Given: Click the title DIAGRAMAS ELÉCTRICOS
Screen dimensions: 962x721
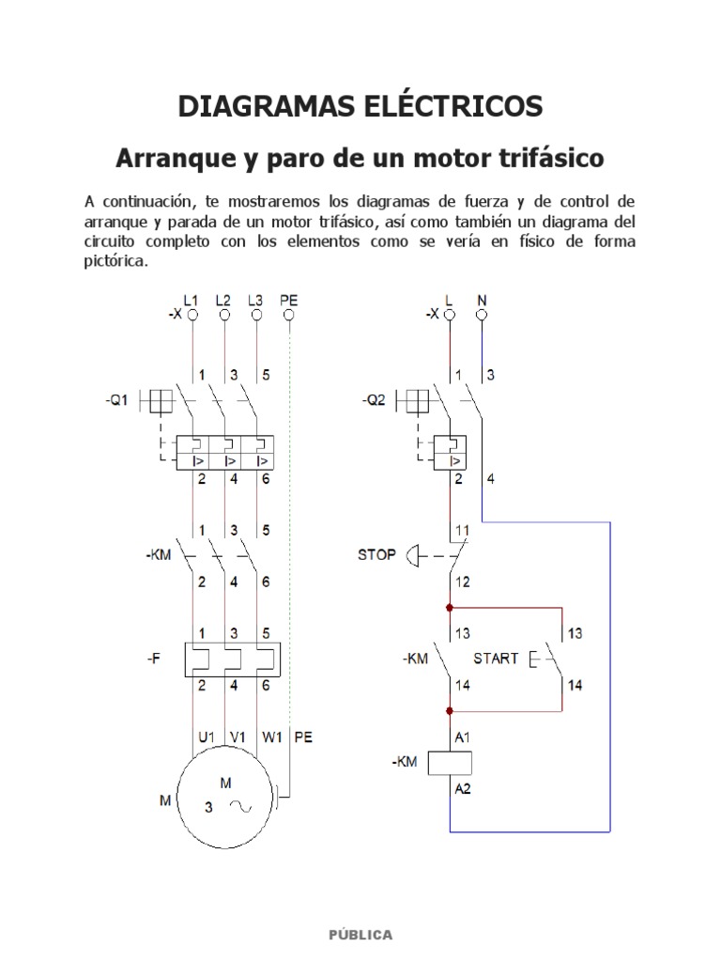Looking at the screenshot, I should tap(360, 106).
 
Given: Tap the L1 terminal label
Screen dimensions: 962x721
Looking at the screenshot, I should tap(192, 301).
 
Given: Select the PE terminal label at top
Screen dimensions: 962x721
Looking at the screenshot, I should tap(288, 301).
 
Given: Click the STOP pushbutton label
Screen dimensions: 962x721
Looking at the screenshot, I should tap(376, 554).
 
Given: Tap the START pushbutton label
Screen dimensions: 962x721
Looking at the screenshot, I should tap(496, 659).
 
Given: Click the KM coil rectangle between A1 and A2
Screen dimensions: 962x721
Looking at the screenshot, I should tap(450, 763).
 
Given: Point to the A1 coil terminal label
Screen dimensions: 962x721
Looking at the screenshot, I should tap(463, 739).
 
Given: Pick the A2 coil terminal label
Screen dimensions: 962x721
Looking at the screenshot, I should tap(463, 790).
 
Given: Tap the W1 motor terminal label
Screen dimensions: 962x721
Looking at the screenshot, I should tap(271, 738).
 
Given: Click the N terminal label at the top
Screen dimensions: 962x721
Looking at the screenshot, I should tap(482, 301).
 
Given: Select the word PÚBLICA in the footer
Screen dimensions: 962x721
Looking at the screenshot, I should tap(360, 935).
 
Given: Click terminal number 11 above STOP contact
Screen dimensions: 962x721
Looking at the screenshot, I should tap(463, 531).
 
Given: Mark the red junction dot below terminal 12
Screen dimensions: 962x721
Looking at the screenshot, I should tap(450, 608).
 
